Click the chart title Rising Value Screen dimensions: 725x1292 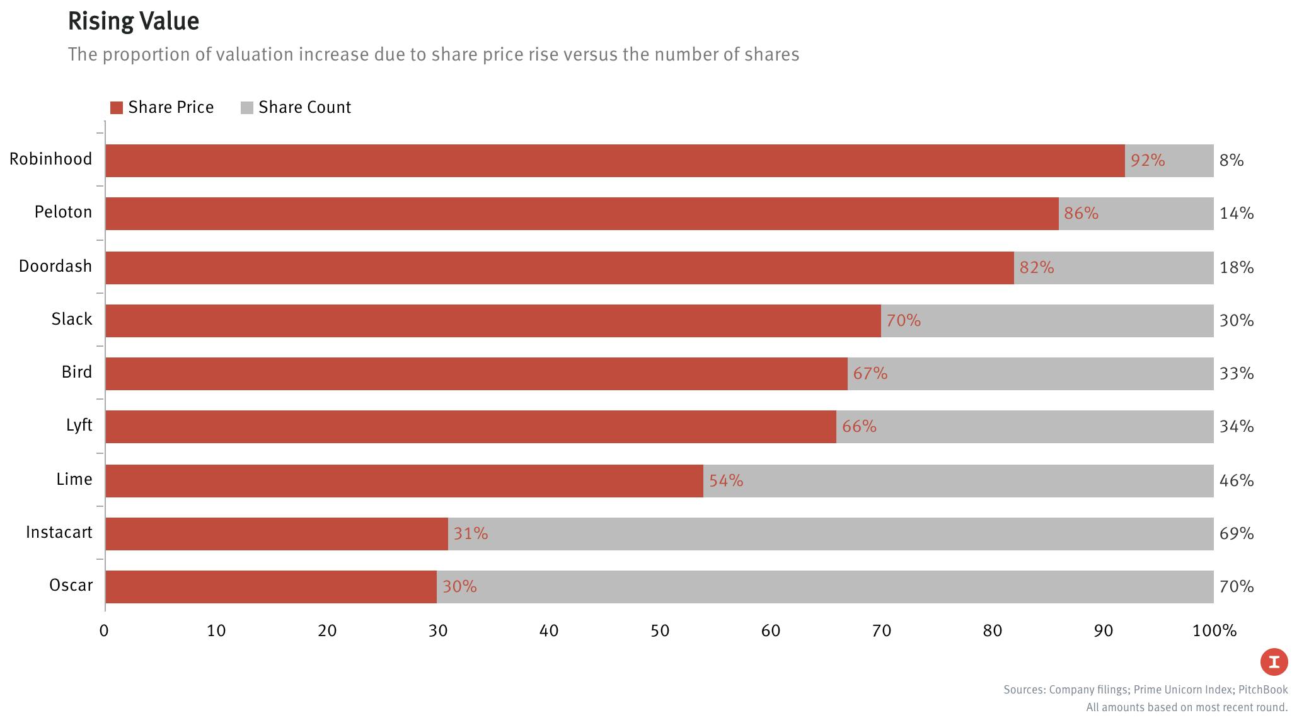pyautogui.click(x=134, y=21)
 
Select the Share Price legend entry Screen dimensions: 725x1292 pyautogui.click(x=162, y=107)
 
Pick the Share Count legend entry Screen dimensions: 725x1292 pyautogui.click(x=296, y=107)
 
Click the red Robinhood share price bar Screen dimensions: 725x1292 pyautogui.click(x=614, y=161)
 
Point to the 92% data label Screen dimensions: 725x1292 pyautogui.click(x=1147, y=161)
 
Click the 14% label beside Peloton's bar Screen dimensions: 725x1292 pyautogui.click(x=1236, y=214)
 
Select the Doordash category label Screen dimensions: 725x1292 pyautogui.click(x=55, y=266)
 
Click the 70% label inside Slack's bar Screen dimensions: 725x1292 pyautogui.click(x=903, y=321)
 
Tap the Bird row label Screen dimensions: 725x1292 pyautogui.click(x=77, y=372)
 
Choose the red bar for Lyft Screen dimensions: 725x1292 pyautogui.click(x=470, y=427)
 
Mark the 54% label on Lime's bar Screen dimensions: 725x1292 pyautogui.click(x=726, y=481)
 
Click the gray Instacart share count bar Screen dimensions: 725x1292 pyautogui.click(x=831, y=534)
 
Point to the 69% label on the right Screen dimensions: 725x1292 pyautogui.click(x=1236, y=534)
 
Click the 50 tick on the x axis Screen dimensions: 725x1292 pyautogui.click(x=659, y=630)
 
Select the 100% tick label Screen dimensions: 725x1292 pyautogui.click(x=1214, y=630)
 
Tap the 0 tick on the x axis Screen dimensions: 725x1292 pyautogui.click(x=104, y=630)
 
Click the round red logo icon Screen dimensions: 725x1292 pyautogui.click(x=1274, y=662)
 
